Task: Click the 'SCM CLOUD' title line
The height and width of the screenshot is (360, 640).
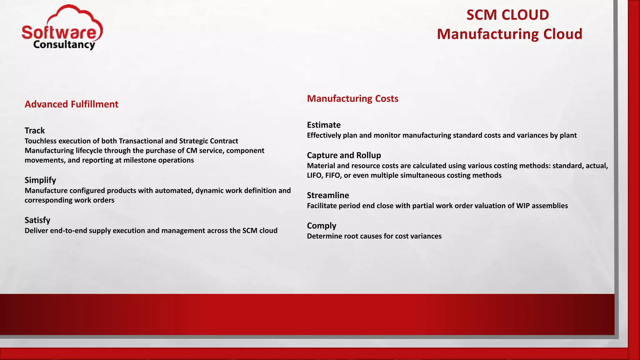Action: click(507, 15)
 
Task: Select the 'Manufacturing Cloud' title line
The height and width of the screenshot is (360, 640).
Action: click(509, 34)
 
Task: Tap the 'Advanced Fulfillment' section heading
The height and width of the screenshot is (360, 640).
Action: click(71, 104)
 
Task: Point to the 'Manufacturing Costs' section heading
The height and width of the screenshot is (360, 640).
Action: click(352, 98)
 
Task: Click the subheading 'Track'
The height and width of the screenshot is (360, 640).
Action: click(35, 130)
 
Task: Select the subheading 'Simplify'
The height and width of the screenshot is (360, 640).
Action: click(40, 180)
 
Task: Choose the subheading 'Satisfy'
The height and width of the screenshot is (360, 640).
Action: click(37, 220)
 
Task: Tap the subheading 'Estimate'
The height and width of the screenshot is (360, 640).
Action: click(324, 125)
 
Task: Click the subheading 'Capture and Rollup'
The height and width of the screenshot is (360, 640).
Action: click(344, 155)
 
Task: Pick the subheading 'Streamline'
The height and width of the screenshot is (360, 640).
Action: click(328, 195)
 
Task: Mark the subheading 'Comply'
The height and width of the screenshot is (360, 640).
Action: click(322, 225)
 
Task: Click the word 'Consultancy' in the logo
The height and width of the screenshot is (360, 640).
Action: click(64, 45)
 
